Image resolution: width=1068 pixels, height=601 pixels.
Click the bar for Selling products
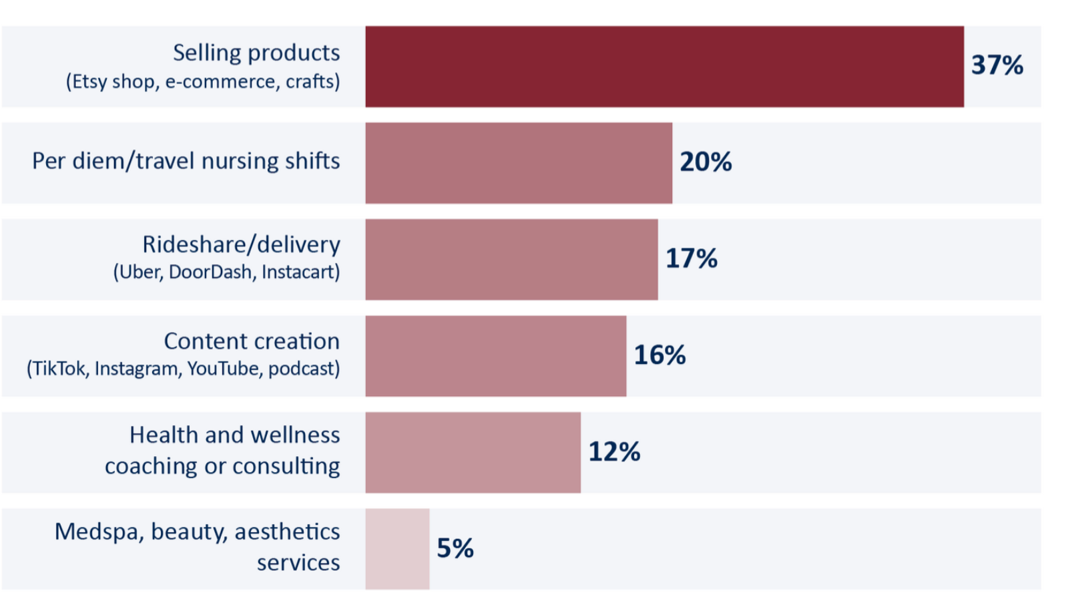pyautogui.click(x=664, y=67)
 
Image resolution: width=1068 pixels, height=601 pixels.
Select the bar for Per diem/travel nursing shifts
pyautogui.click(x=519, y=163)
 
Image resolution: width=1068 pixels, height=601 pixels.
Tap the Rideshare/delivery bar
pyautogui.click(x=511, y=259)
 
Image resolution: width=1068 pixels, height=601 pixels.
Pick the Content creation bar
pyautogui.click(x=495, y=356)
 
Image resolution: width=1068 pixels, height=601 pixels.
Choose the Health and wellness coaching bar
pyautogui.click(x=473, y=452)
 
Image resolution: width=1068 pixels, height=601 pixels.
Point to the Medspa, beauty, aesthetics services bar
pyautogui.click(x=397, y=549)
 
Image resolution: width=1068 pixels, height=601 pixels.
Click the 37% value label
pyautogui.click(x=997, y=65)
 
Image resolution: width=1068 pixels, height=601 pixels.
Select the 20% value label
pyautogui.click(x=706, y=162)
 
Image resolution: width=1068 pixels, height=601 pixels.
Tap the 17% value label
pyautogui.click(x=691, y=258)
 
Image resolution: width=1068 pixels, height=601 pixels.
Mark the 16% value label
pyautogui.click(x=659, y=355)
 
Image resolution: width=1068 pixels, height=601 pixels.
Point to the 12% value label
pyautogui.click(x=614, y=452)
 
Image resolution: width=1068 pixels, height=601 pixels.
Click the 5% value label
pyautogui.click(x=455, y=548)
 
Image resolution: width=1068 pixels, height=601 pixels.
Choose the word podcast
pyautogui.click(x=302, y=369)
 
